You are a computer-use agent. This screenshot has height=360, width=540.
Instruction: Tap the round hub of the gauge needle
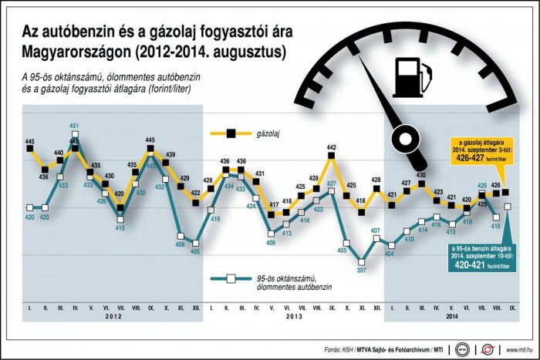[x=403, y=140]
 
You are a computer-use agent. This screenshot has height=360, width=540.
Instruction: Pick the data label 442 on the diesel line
[x=332, y=147]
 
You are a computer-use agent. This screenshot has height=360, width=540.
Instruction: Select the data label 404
[x=390, y=254]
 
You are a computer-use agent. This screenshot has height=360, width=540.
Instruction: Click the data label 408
[x=180, y=245]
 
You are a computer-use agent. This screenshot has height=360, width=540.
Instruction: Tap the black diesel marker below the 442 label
[x=332, y=157]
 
